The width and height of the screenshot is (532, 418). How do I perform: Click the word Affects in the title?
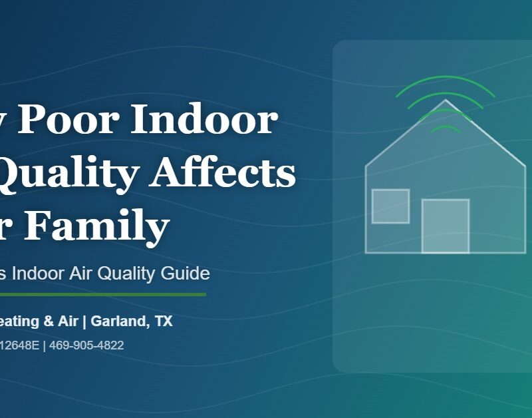click(223, 173)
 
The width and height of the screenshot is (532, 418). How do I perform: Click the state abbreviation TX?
click(163, 321)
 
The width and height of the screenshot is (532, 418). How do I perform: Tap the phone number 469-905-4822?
click(86, 345)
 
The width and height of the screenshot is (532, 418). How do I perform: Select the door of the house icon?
click(446, 226)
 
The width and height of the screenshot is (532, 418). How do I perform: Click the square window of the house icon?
click(390, 206)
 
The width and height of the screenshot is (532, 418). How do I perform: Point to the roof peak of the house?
click(446, 101)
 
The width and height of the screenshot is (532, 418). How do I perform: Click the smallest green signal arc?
click(446, 126)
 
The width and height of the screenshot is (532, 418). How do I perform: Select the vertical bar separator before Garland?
click(84, 321)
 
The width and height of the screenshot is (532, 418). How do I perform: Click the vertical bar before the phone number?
click(44, 345)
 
